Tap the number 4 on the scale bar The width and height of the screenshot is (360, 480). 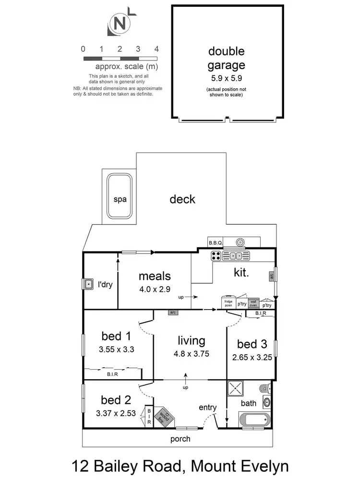tap(156, 49)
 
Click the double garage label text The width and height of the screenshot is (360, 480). tap(226, 58)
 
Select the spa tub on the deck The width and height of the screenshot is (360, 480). tap(120, 199)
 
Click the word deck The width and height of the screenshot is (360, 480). tap(182, 199)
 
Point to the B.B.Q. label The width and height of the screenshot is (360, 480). tap(214, 243)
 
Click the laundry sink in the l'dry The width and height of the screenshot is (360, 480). tap(88, 285)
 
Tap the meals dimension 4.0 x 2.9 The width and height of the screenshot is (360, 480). tap(155, 289)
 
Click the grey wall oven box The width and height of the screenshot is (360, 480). tap(254, 303)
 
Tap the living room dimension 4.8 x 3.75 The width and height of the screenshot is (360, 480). tap(191, 355)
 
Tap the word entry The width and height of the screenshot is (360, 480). tap(208, 408)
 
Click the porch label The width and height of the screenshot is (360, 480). tap(180, 439)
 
